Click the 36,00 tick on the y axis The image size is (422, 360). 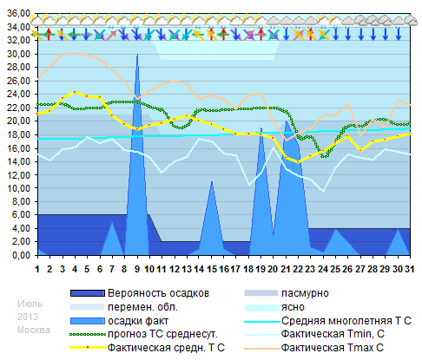(x=17, y=14)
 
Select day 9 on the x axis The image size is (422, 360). (x=137, y=269)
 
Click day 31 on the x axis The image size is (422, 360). (x=410, y=269)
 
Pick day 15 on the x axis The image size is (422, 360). (x=212, y=269)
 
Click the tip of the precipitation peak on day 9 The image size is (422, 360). (x=137, y=54)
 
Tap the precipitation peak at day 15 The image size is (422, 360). (x=212, y=181)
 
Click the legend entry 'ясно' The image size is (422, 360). (x=295, y=307)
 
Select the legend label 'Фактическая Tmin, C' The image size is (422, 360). (x=337, y=334)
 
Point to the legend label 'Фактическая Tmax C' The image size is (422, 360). (x=335, y=348)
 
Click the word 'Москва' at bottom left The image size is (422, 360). (x=33, y=330)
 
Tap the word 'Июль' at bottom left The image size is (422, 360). (x=29, y=302)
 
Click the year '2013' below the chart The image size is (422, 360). (x=28, y=316)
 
